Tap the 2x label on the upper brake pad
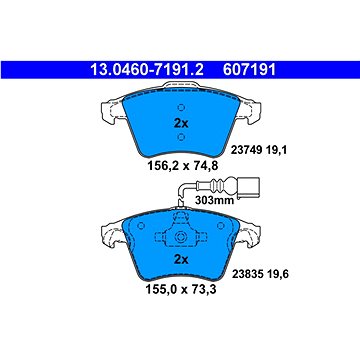(181, 124)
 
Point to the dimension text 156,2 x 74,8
(181, 166)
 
